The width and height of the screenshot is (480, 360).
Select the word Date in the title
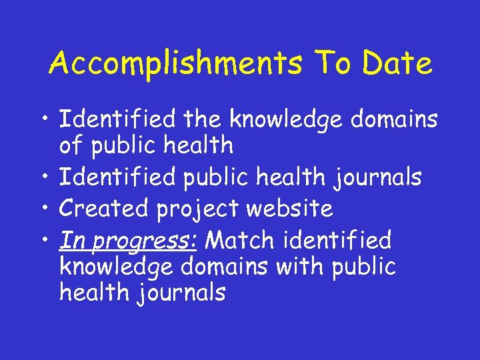click(398, 64)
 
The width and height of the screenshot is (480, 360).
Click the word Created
click(105, 209)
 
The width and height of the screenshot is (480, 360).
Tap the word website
click(289, 209)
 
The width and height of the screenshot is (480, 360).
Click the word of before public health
click(73, 144)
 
